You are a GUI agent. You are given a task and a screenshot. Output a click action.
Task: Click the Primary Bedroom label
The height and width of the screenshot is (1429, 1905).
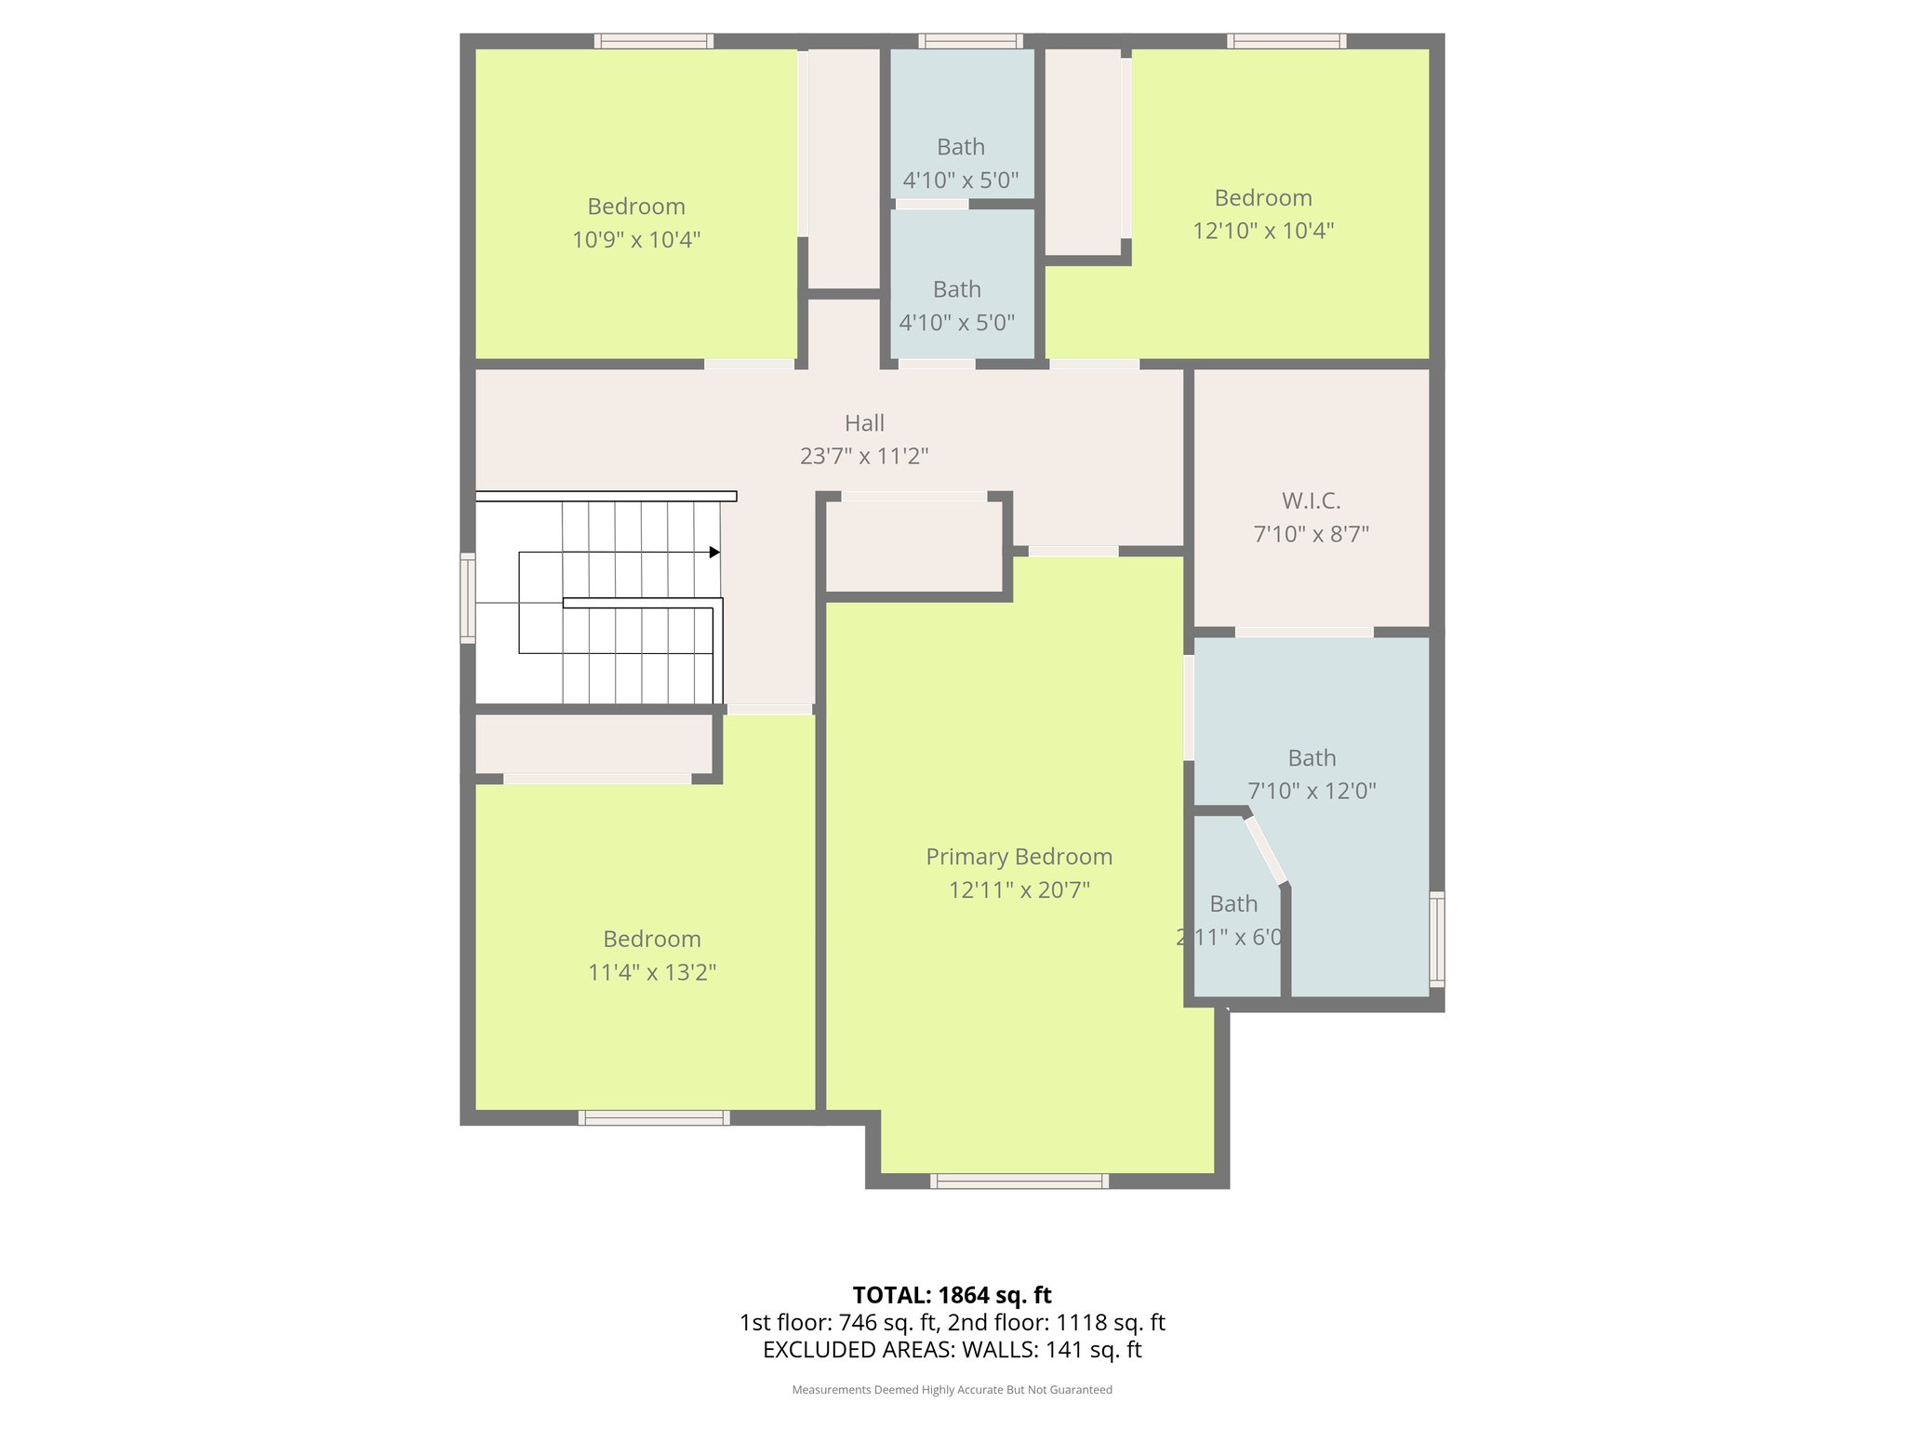point(1019,857)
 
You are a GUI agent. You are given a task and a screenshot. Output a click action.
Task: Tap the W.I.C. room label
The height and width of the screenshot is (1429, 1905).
point(1311,501)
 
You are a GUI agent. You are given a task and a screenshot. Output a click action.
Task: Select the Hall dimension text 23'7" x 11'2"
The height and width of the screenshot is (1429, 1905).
point(864,456)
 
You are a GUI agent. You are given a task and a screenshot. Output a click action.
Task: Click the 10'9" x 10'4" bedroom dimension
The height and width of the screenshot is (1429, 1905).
point(635,240)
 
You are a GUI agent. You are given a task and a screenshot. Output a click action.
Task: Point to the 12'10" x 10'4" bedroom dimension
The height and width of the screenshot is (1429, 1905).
point(1263,231)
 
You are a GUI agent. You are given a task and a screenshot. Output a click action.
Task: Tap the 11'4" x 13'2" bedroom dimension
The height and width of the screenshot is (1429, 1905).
point(651,972)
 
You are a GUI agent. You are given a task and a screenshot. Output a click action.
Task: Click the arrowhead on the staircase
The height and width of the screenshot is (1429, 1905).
point(714,553)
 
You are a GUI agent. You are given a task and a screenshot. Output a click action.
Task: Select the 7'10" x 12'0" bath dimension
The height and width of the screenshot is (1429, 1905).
point(1312,791)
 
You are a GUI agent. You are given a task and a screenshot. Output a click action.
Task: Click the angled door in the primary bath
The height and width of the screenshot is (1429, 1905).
point(1266,850)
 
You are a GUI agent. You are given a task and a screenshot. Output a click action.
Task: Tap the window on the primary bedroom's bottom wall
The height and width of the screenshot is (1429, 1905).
point(1019,1182)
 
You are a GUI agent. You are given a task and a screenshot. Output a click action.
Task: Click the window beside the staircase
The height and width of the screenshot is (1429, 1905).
point(468,598)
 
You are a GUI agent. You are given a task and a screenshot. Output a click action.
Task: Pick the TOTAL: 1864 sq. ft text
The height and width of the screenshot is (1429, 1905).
point(952,1295)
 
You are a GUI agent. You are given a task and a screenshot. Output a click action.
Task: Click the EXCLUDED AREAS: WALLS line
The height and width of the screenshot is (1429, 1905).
point(952,1350)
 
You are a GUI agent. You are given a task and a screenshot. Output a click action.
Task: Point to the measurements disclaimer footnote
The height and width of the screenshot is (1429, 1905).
point(952,1390)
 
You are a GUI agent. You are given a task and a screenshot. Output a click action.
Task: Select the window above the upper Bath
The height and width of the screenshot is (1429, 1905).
point(970,41)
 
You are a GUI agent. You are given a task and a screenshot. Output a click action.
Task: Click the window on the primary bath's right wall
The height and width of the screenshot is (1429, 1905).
point(1436,939)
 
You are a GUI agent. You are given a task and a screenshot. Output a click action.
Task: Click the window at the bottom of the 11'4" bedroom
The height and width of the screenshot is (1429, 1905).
point(653,1118)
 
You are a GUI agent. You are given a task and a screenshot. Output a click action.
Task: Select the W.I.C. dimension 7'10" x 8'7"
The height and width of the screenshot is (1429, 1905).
point(1311,535)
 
